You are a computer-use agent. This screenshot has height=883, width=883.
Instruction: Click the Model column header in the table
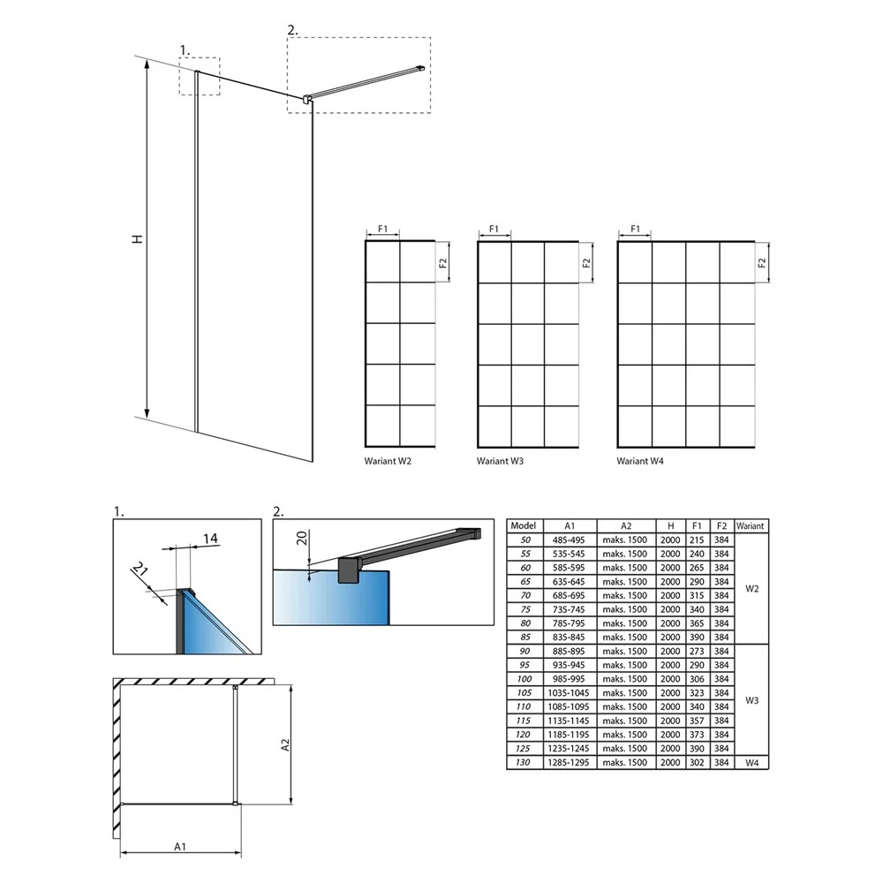(523, 525)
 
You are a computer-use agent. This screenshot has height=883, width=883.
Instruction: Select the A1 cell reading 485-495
(569, 540)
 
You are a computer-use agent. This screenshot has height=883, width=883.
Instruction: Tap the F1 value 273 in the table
(697, 651)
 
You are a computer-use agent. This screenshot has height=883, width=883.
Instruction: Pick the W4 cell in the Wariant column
(751, 763)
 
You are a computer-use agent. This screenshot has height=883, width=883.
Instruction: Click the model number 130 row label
(523, 763)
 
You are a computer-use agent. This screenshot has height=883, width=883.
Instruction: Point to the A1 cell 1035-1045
(569, 692)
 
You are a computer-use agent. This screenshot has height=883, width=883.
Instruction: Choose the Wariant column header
(750, 526)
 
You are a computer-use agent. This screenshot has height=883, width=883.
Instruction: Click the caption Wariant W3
(500, 461)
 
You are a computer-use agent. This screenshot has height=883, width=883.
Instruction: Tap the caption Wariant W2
(388, 461)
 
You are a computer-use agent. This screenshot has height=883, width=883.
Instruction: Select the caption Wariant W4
(640, 461)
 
